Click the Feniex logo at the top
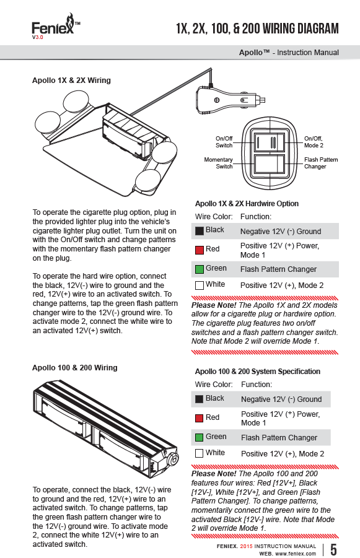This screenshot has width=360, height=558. tap(56, 25)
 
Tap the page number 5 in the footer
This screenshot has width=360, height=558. tap(333, 549)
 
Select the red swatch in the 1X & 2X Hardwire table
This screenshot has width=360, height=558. tap(200, 250)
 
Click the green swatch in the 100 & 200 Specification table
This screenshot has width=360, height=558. tap(200, 437)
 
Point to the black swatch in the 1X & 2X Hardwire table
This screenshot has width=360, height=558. tap(200, 230)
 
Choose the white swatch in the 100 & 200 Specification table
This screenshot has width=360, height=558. tap(200, 453)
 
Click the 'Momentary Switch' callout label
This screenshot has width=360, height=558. tap(218, 163)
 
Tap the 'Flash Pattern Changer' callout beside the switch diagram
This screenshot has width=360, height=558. tap(321, 163)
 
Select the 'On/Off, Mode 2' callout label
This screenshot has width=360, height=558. tap(314, 142)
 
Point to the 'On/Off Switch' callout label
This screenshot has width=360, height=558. tap(224, 142)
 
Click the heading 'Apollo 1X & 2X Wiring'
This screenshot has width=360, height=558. tap(71, 81)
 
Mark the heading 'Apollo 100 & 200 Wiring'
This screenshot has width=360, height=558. tap(75, 368)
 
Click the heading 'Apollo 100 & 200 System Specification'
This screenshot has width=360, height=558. tap(257, 372)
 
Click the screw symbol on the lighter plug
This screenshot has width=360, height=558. tap(216, 100)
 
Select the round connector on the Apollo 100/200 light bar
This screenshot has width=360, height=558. tap(173, 460)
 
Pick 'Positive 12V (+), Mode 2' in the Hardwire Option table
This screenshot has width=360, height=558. tap(282, 286)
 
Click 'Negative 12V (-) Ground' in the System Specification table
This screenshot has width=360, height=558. tap(281, 399)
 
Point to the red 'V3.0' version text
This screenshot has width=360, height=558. tap(37, 37)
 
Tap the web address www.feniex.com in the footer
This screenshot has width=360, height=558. tap(296, 554)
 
